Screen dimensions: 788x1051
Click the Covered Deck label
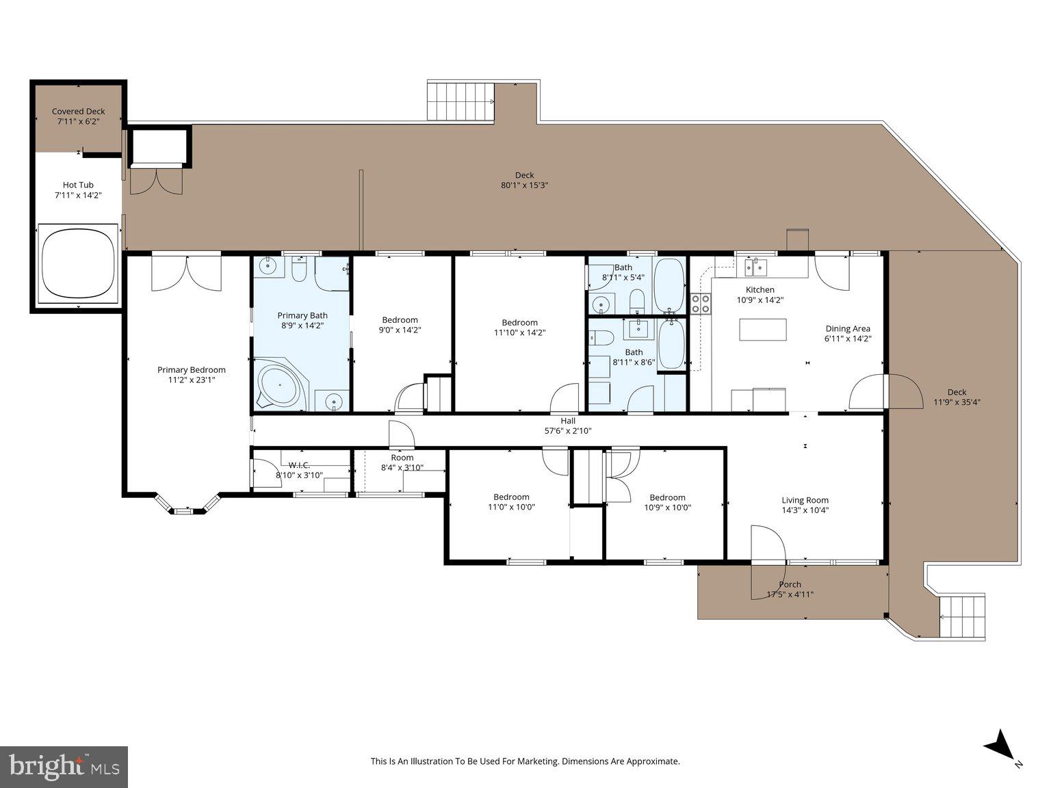pyautogui.click(x=79, y=111)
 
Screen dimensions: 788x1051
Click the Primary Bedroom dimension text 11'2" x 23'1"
pyautogui.click(x=192, y=380)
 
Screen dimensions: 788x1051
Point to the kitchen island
pyautogui.click(x=762, y=330)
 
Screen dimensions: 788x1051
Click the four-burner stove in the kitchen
pyautogui.click(x=700, y=303)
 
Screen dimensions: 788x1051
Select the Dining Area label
pyautogui.click(x=848, y=328)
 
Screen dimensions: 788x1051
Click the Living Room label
pyautogui.click(x=805, y=500)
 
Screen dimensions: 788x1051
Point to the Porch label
pyautogui.click(x=790, y=584)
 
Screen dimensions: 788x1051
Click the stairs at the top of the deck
pyautogui.click(x=460, y=101)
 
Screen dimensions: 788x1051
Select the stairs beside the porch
pyautogui.click(x=961, y=616)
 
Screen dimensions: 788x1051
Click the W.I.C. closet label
pyautogui.click(x=299, y=465)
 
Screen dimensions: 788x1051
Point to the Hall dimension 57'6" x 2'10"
pyautogui.click(x=568, y=431)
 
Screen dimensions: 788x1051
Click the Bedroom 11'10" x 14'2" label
pyautogui.click(x=519, y=322)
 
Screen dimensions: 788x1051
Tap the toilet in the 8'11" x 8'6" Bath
pyautogui.click(x=603, y=338)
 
